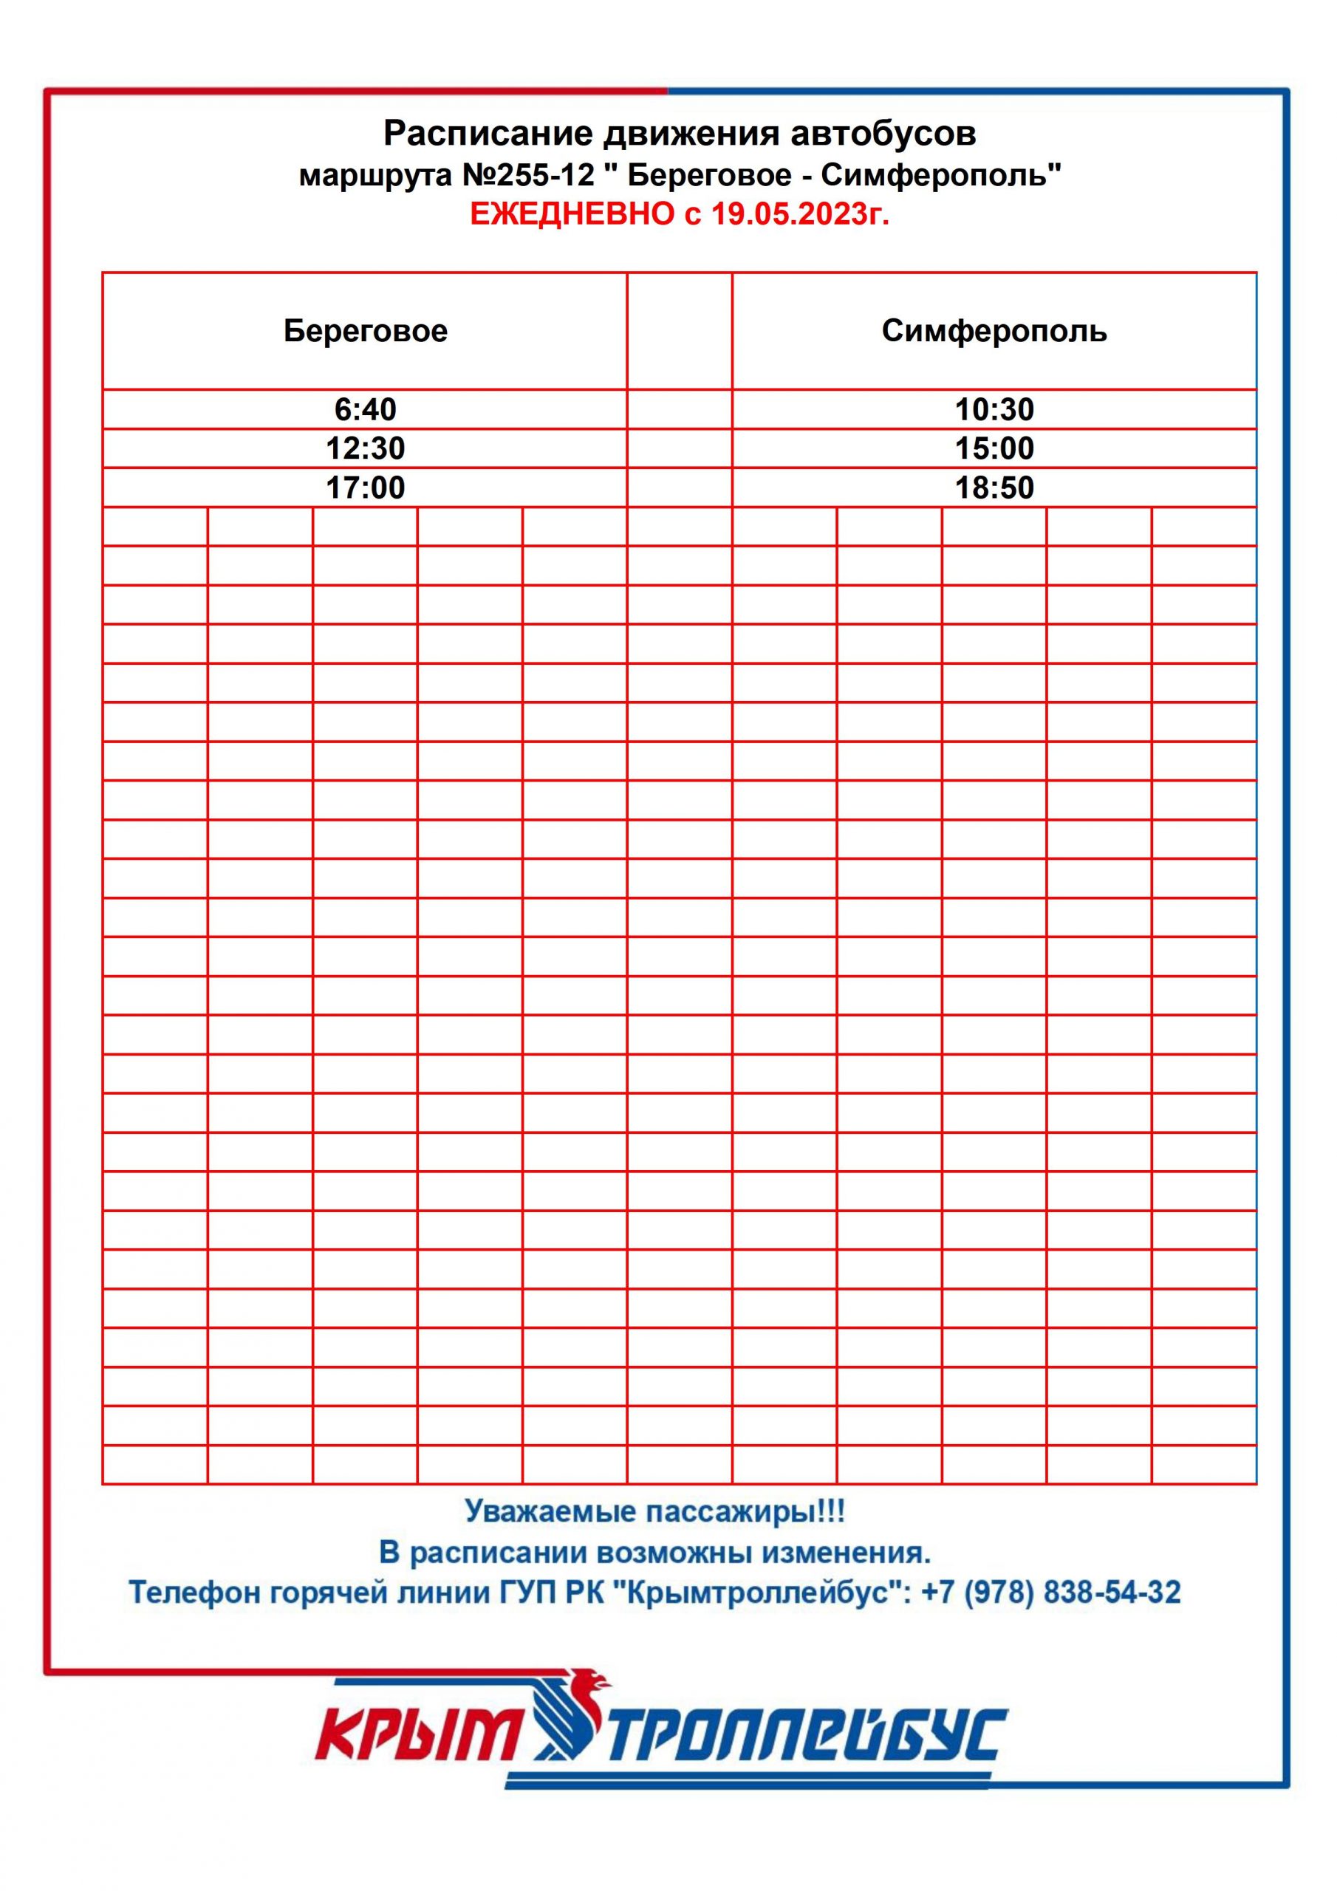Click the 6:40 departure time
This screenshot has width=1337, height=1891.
click(x=365, y=409)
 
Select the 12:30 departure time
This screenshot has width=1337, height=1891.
click(x=365, y=448)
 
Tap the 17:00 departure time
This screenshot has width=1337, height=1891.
click(x=365, y=488)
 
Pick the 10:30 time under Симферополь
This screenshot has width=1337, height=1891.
click(x=994, y=409)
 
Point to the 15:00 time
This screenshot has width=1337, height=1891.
click(x=994, y=448)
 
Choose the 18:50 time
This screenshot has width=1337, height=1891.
click(x=994, y=488)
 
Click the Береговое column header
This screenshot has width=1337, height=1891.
click(x=365, y=331)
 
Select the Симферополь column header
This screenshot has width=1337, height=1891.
click(x=994, y=331)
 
